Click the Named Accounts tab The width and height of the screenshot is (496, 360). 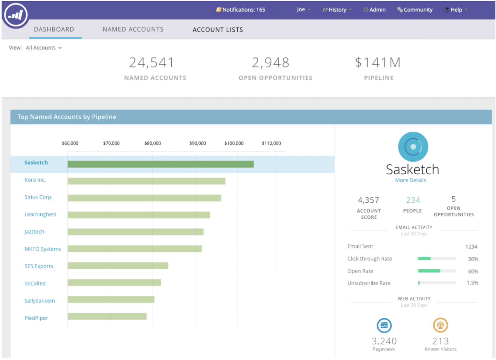[x=133, y=29]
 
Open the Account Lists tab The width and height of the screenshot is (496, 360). [x=218, y=30]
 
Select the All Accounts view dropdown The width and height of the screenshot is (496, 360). [x=44, y=48]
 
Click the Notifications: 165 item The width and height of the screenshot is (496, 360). [x=241, y=10]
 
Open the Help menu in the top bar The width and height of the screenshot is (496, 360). [x=456, y=10]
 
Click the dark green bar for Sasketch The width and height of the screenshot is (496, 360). [x=160, y=164]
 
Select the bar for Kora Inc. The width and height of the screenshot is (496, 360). [x=146, y=181]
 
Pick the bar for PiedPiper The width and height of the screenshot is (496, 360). [x=107, y=316]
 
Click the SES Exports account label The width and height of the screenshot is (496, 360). [x=39, y=266]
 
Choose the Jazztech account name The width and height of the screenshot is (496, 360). [x=34, y=231]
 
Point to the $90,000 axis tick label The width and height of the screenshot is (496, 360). [x=198, y=143]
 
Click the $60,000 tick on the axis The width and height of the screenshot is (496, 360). [x=70, y=143]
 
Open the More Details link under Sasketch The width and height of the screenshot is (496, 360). [x=410, y=180]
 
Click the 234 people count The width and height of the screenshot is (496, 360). [x=413, y=200]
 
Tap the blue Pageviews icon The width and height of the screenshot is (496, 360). [x=384, y=325]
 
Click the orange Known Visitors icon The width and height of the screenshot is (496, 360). [x=440, y=325]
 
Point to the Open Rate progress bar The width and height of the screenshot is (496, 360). [x=437, y=271]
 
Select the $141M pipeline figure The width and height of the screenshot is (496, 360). [x=378, y=63]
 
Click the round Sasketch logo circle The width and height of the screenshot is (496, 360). [x=413, y=147]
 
